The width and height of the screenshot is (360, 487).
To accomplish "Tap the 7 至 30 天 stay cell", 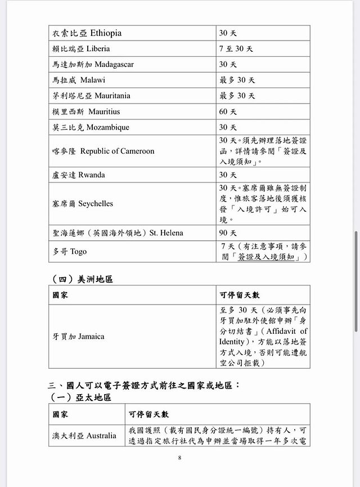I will pyautogui.click(x=236, y=49).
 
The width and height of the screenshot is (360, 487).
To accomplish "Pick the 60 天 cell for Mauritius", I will pyautogui.click(x=228, y=111).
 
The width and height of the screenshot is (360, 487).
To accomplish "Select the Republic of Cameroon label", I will pyautogui.click(x=117, y=151).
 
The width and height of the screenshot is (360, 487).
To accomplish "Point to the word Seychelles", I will pyautogui.click(x=96, y=203).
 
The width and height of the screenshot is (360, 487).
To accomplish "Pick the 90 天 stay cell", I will pyautogui.click(x=228, y=233).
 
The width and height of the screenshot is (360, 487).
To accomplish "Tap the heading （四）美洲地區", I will pyautogui.click(x=82, y=279).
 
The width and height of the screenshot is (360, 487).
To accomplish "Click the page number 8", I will pyautogui.click(x=179, y=458).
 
